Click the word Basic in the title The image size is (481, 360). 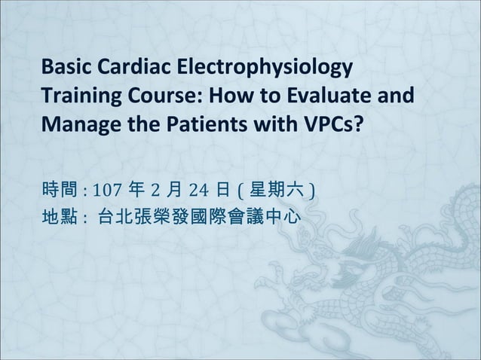click(x=66, y=70)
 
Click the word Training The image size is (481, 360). click(x=78, y=98)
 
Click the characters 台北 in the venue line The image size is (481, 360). click(x=115, y=218)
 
